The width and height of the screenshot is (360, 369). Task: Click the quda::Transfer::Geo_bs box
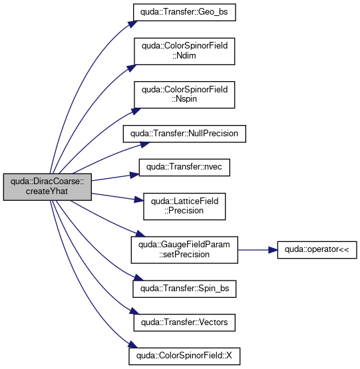coord(184,12)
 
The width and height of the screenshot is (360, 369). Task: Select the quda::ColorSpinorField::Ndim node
coord(184,51)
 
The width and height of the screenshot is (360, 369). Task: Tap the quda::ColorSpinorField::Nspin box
coord(184,95)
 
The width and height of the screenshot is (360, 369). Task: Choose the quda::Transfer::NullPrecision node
coord(184,134)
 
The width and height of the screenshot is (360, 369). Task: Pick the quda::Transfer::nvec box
coord(184,168)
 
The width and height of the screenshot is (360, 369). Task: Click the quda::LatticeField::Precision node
coord(184,207)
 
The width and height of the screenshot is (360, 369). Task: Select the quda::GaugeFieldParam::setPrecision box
coord(184,250)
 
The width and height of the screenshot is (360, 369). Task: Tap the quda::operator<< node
coord(317,250)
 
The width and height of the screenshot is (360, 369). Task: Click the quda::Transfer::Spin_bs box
coord(184,289)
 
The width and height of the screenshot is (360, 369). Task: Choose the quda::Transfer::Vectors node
coord(184,322)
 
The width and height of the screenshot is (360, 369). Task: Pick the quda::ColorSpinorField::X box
coord(184,356)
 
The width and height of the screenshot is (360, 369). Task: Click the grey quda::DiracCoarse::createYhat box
coord(47,187)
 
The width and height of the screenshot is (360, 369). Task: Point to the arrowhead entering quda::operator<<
coord(273,250)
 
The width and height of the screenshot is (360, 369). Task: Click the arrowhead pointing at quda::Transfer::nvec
coord(135,175)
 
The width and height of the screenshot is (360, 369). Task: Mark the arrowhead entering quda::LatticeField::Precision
coord(139,200)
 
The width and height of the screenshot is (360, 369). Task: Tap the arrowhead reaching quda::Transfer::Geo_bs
coord(133,24)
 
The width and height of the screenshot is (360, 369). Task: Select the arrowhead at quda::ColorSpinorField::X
coord(132,344)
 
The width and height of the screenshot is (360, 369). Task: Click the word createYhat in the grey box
coord(47,191)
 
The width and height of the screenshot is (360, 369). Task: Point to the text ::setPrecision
coord(184,255)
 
